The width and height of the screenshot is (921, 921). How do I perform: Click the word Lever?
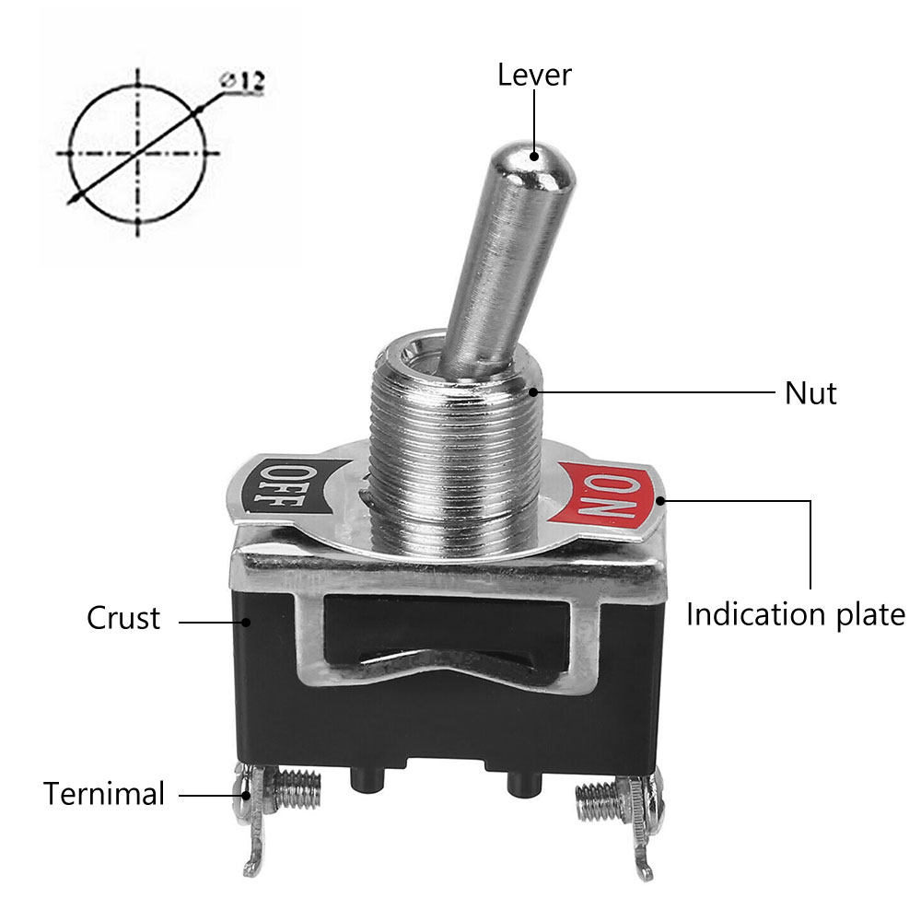pyautogui.click(x=534, y=76)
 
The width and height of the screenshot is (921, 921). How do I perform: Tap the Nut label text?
pyautogui.click(x=810, y=393)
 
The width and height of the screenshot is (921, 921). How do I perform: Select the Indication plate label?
pyautogui.click(x=796, y=615)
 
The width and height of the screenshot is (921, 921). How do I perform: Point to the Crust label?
pyautogui.click(x=123, y=618)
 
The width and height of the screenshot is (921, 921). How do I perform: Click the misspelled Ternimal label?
pyautogui.click(x=104, y=794)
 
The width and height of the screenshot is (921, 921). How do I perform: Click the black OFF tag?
pyautogui.click(x=287, y=485)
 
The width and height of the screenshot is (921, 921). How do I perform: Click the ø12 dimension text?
pyautogui.click(x=242, y=81)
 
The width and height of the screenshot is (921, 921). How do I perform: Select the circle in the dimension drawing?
pyautogui.click(x=138, y=154)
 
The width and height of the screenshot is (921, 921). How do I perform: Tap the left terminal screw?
pyautogui.click(x=297, y=789)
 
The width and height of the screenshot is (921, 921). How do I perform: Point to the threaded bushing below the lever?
pyautogui.click(x=455, y=447)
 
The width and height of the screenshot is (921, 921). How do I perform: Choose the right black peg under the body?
pyautogui.click(x=525, y=783)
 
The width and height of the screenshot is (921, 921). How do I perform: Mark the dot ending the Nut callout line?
pyautogui.click(x=533, y=391)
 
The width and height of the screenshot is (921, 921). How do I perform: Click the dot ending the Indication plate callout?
pyautogui.click(x=660, y=501)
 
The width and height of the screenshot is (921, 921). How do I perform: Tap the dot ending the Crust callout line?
pyautogui.click(x=247, y=622)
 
